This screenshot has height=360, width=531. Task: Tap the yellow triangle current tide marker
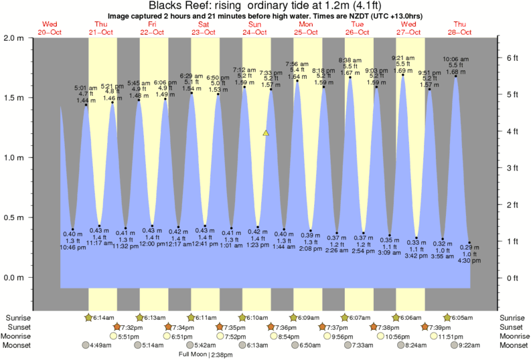(x=266, y=133)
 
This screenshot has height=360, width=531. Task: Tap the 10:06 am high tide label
(x=455, y=59)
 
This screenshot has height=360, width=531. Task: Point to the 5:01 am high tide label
(x=86, y=87)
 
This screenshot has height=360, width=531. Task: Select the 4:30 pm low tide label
(x=469, y=261)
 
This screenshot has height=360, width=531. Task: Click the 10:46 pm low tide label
(x=72, y=248)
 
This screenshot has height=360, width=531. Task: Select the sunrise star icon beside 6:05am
(x=447, y=317)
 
